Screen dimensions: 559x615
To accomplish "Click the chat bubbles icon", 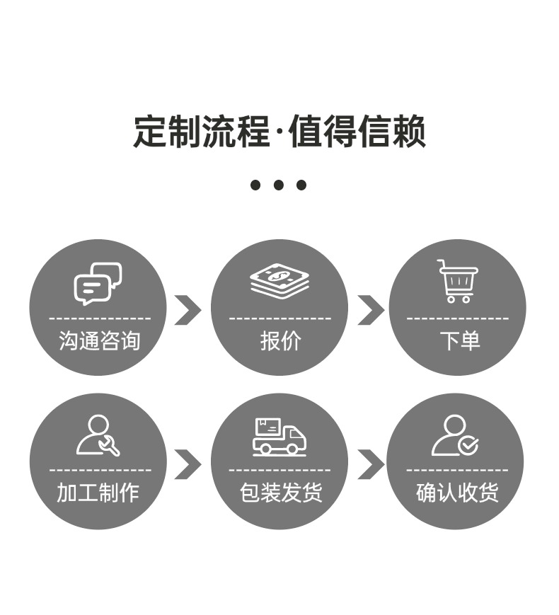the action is (98, 284).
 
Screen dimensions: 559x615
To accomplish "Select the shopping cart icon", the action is (458, 281).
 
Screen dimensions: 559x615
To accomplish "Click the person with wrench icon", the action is (98, 435).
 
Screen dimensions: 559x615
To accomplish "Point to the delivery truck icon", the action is (279, 437).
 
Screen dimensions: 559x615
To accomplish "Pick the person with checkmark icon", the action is (455, 435).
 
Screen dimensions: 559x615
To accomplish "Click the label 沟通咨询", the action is (100, 340).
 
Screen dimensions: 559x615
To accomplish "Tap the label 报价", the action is (280, 340).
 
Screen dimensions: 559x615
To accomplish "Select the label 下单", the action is (460, 340).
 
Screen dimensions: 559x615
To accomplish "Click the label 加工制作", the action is (98, 493).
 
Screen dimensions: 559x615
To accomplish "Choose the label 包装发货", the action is (281, 493).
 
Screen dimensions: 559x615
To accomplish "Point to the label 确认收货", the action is (457, 493).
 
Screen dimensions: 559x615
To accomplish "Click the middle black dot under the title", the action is (279, 185).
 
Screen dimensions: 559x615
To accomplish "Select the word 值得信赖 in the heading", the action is (357, 132).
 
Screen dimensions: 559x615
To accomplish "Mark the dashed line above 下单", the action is (458, 318).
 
